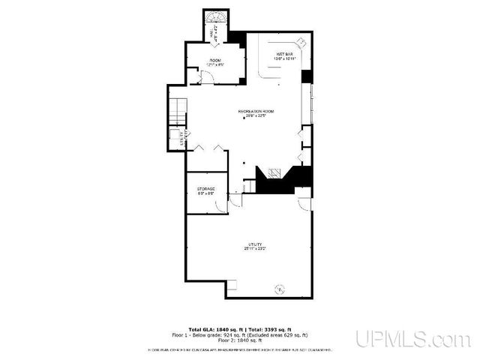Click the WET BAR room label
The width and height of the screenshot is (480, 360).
coord(284,55)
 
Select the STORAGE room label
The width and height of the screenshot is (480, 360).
coord(206,188)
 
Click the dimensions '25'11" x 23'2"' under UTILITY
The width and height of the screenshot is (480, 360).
coord(254,247)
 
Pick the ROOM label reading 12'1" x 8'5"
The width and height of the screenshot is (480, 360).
coord(215,64)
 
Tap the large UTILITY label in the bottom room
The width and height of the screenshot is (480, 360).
coord(254,243)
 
